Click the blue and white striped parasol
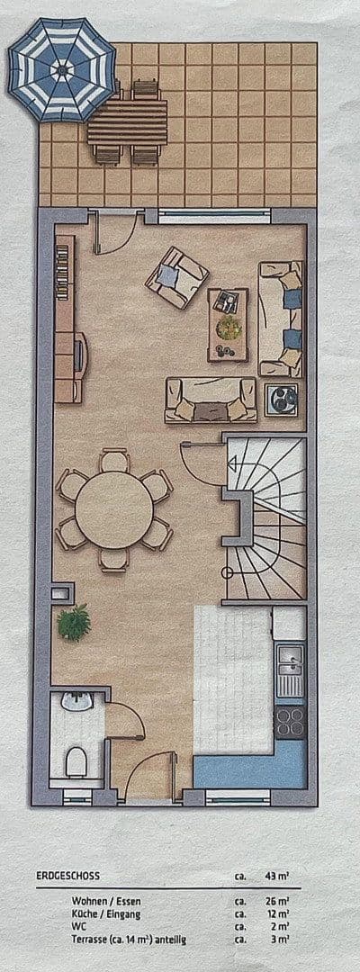click(x=62, y=69)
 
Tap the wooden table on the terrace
click(x=128, y=121)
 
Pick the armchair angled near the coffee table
click(x=177, y=277)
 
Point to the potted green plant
click(x=74, y=621)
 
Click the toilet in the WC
click(x=78, y=760)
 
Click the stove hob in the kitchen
click(x=290, y=718)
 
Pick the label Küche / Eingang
click(x=104, y=913)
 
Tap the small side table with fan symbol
click(x=283, y=396)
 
